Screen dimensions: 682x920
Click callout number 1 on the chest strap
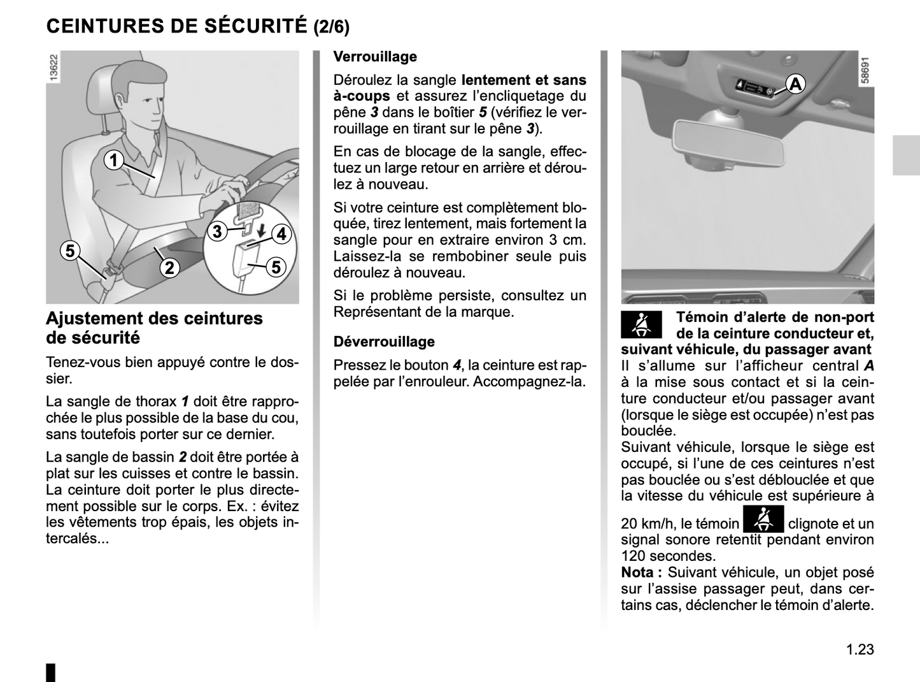[x=114, y=160]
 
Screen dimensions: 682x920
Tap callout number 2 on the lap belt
[x=169, y=268]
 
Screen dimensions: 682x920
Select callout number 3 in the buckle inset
[x=217, y=231]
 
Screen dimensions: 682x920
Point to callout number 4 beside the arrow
[x=281, y=234]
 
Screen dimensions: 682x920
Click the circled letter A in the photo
[x=795, y=83]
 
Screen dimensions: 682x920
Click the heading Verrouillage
[x=375, y=57]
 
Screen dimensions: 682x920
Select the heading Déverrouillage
[x=384, y=342]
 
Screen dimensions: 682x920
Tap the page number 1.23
[x=860, y=649]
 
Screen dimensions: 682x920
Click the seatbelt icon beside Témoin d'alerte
[x=641, y=324]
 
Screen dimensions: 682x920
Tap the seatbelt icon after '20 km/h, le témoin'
[x=763, y=518]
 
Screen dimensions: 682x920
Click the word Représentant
[x=377, y=312]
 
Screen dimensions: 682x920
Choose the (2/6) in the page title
[x=331, y=27]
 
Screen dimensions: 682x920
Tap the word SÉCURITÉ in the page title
[x=257, y=26]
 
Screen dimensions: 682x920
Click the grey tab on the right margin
[x=905, y=156]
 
